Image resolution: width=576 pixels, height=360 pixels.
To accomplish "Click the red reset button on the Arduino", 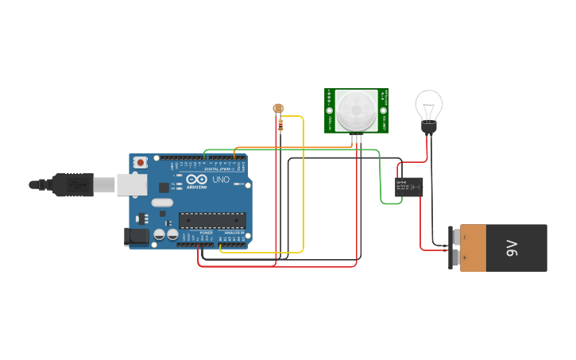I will [141, 162].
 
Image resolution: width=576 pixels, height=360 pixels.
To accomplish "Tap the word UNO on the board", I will [220, 180].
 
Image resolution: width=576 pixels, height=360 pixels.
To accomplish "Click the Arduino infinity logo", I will [195, 180].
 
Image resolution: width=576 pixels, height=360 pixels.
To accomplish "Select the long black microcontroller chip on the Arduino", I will [211, 220].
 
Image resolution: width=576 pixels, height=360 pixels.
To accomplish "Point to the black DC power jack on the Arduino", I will [137, 236].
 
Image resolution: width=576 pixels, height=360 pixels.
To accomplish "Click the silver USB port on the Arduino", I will [132, 185].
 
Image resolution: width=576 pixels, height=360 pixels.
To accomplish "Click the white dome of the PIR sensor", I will [355, 110].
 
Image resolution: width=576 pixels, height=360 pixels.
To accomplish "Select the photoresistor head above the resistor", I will [278, 109].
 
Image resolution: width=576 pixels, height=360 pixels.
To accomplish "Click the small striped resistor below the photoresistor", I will [280, 125].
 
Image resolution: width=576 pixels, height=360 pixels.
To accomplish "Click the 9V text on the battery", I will [512, 248].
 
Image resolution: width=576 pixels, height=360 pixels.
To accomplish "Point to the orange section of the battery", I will [473, 248].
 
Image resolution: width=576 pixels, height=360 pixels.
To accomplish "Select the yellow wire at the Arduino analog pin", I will [221, 248].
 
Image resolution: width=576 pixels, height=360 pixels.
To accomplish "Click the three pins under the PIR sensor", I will [355, 138].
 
